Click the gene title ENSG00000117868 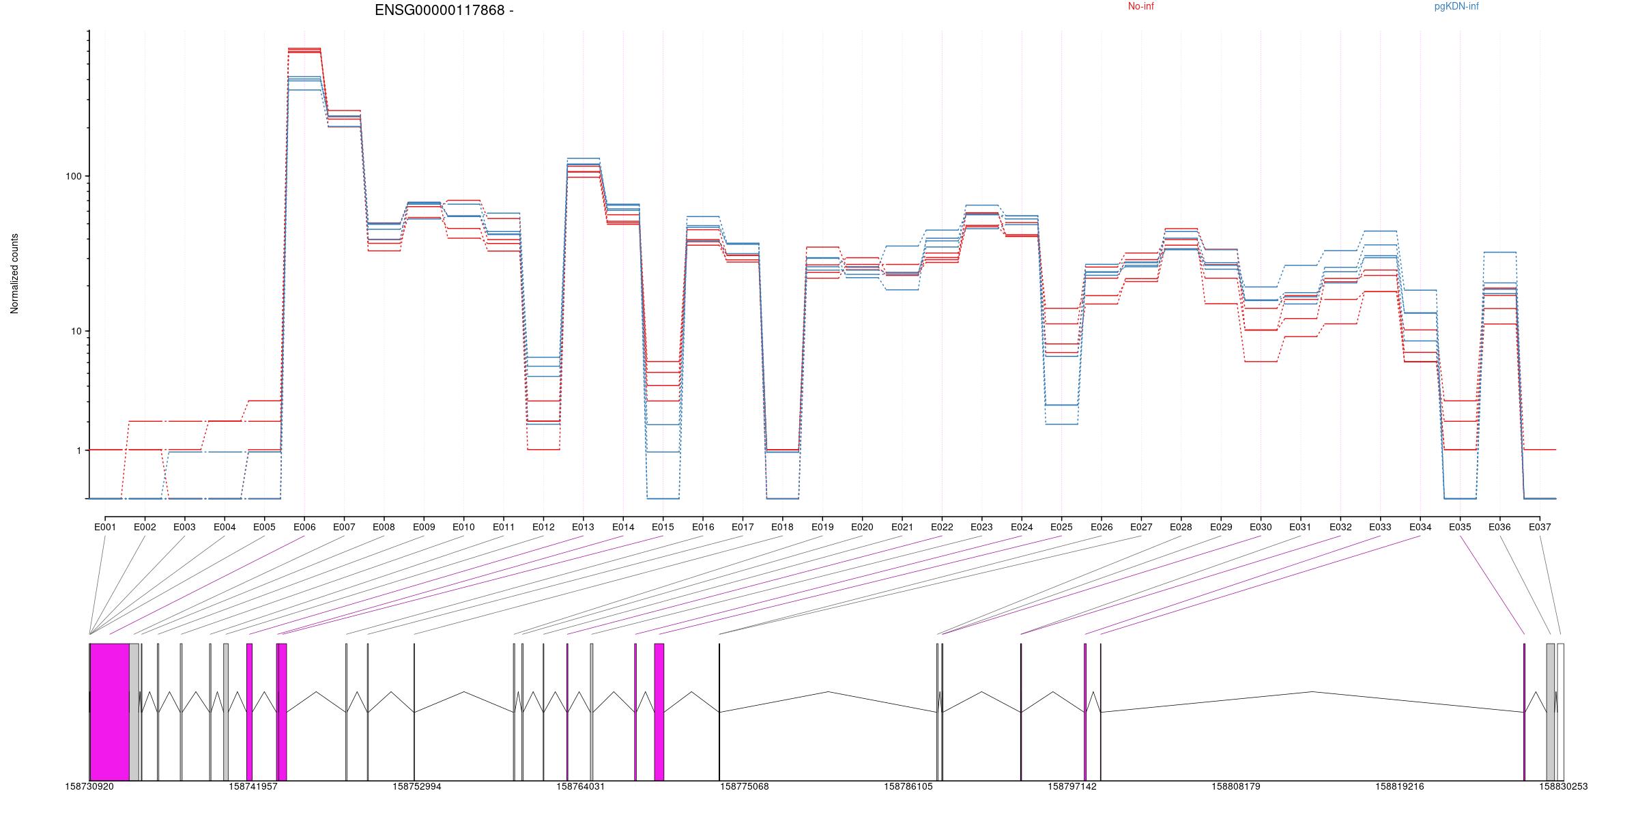pyautogui.click(x=444, y=10)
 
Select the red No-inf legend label pyautogui.click(x=1140, y=7)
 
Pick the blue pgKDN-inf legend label pyautogui.click(x=1456, y=7)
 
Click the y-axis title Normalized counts pyautogui.click(x=14, y=274)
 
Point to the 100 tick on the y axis pyautogui.click(x=73, y=176)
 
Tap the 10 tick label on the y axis pyautogui.click(x=75, y=332)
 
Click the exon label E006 pyautogui.click(x=304, y=527)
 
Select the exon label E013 pyautogui.click(x=583, y=527)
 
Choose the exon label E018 pyautogui.click(x=782, y=527)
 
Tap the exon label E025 pyautogui.click(x=1061, y=527)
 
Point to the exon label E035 pyautogui.click(x=1460, y=527)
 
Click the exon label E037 pyautogui.click(x=1540, y=527)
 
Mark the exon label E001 pyautogui.click(x=105, y=527)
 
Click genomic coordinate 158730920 pyautogui.click(x=89, y=786)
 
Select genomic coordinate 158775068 pyautogui.click(x=745, y=786)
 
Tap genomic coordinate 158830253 pyautogui.click(x=1563, y=786)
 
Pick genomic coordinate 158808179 pyautogui.click(x=1236, y=786)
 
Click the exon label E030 pyautogui.click(x=1261, y=527)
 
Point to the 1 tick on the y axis pyautogui.click(x=78, y=450)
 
